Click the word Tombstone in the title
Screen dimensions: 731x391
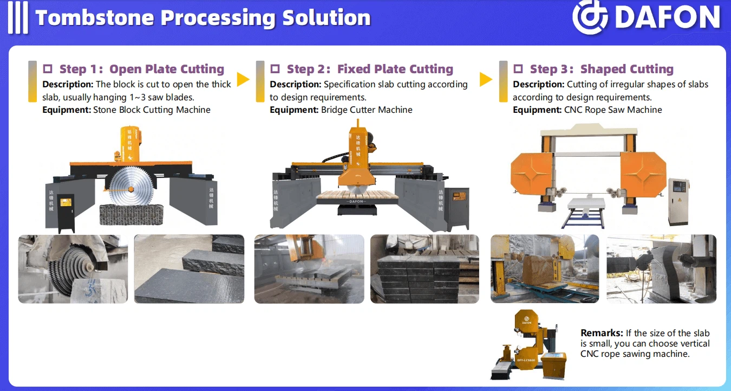95,18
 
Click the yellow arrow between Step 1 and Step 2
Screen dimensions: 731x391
243,79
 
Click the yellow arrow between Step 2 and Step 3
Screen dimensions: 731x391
486,79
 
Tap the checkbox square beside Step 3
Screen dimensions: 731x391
518,69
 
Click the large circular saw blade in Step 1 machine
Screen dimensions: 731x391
130,187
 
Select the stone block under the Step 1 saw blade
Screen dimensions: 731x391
131,214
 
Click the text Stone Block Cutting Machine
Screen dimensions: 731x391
152,110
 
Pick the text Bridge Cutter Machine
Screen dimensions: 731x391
367,110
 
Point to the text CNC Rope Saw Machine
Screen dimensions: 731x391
613,110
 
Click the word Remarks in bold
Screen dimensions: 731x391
602,333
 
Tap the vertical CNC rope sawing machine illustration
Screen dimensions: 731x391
528,344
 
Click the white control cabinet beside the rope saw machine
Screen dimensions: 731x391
678,201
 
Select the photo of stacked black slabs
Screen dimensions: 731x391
425,269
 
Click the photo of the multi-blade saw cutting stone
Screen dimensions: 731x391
73,269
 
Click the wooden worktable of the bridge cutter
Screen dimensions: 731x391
357,195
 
